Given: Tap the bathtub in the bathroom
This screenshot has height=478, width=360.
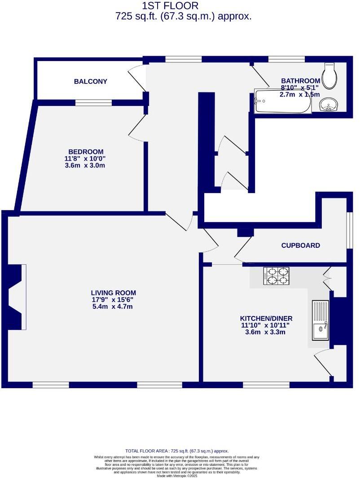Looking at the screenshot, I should pyautogui.click(x=282, y=102).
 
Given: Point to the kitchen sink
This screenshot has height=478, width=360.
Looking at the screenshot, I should pyautogui.click(x=320, y=320).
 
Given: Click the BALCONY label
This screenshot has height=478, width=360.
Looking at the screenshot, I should pyautogui.click(x=91, y=81).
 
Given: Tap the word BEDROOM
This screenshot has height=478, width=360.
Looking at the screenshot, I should pyautogui.click(x=86, y=152).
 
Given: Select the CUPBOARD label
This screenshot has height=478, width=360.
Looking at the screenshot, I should pyautogui.click(x=300, y=246).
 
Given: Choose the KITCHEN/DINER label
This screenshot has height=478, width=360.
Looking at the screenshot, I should pyautogui.click(x=263, y=318).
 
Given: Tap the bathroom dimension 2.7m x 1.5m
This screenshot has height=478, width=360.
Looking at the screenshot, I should pyautogui.click(x=299, y=94).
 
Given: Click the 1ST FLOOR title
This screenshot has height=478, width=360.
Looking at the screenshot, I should pyautogui.click(x=170, y=6).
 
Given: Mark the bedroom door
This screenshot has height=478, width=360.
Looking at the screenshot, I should pyautogui.click(x=137, y=128).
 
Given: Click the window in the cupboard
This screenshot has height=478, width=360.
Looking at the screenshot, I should pyautogui.click(x=349, y=230).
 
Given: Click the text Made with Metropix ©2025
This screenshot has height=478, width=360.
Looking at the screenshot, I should pyautogui.click(x=177, y=476).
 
